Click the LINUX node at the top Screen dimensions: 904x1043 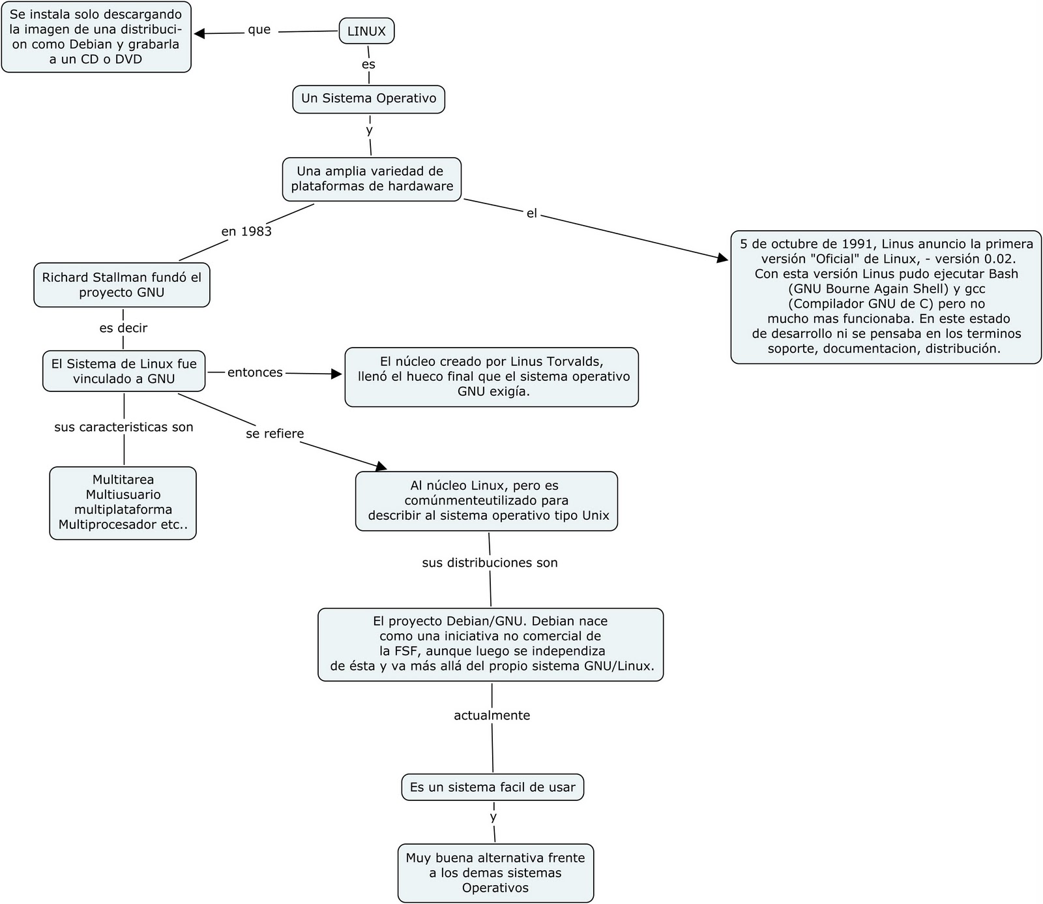(366, 31)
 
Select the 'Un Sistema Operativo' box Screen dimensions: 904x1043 (368, 98)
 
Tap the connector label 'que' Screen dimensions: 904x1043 (259, 30)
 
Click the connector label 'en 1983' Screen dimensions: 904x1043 (246, 232)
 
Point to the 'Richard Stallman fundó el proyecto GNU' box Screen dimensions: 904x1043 (122, 285)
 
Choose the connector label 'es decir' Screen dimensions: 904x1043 (123, 328)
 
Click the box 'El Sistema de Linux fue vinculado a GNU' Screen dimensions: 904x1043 (124, 371)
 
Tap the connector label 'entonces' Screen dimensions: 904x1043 (255, 372)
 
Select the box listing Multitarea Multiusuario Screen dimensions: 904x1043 (123, 502)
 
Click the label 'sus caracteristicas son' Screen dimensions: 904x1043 (123, 427)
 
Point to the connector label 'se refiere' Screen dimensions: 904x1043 (274, 434)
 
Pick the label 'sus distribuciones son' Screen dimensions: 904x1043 (490, 563)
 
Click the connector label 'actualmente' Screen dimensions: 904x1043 (492, 716)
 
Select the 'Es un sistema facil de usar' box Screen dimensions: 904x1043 (492, 787)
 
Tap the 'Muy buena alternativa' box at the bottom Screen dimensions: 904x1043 (495, 873)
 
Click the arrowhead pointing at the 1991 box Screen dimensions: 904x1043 (722, 259)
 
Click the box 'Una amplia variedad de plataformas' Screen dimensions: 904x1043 (372, 179)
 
